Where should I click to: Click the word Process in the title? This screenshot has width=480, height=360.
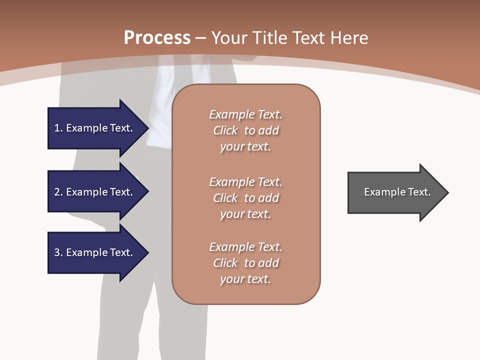click(x=157, y=38)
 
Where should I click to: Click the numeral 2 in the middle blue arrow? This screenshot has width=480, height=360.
click(x=57, y=192)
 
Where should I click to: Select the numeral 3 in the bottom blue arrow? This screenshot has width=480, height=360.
click(x=57, y=252)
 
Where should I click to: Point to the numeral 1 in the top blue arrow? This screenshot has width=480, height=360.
click(x=57, y=128)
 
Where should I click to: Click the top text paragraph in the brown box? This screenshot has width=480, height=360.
click(x=245, y=130)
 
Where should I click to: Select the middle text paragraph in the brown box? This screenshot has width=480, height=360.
click(x=245, y=198)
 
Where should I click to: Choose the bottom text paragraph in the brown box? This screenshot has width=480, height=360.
click(x=245, y=263)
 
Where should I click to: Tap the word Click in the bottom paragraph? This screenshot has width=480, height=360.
click(x=225, y=263)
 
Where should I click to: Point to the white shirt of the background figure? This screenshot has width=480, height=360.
click(x=162, y=105)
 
